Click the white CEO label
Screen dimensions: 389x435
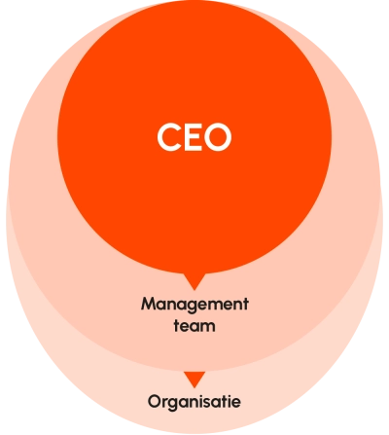[194, 136]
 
